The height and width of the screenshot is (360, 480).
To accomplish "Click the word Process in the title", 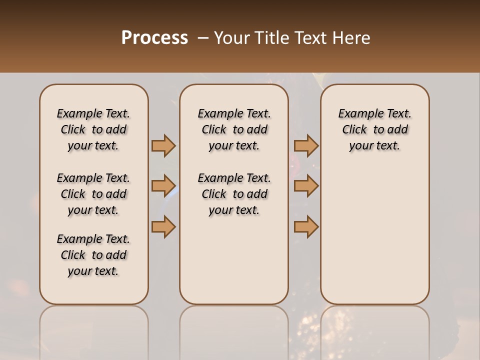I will coord(154,38).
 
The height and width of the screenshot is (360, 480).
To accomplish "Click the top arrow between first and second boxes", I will coord(163,145).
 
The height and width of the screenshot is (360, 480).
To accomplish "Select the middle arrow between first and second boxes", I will coord(163,186).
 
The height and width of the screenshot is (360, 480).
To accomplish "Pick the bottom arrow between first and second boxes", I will coord(163,227).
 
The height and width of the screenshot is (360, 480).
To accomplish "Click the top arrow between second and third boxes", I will coord(306,145).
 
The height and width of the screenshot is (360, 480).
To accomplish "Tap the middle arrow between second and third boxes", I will coord(306,186).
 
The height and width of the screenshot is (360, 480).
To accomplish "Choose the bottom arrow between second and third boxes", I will coord(306,227).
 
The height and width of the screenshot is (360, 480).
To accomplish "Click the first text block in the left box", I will coord(93,129).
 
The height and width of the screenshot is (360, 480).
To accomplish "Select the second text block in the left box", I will coord(93,194).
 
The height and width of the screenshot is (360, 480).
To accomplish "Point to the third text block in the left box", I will coord(93,255).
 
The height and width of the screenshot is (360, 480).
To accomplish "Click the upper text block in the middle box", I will coord(234,129).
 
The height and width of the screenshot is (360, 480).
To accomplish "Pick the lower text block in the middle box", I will coord(234,194).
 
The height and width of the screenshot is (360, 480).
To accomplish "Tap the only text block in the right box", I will coord(374,129).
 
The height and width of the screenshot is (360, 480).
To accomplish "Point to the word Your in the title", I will coord(229,38).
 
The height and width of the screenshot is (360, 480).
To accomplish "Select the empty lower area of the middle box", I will coord(234,260).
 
